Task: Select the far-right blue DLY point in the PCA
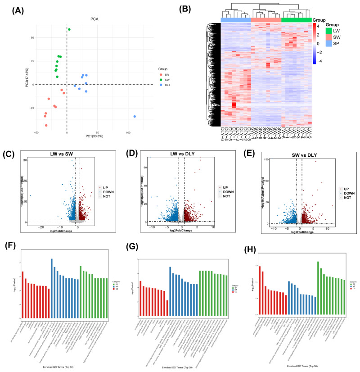pos(135,117)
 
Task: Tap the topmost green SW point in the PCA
pos(69,30)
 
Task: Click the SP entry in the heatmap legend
pos(333,44)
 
